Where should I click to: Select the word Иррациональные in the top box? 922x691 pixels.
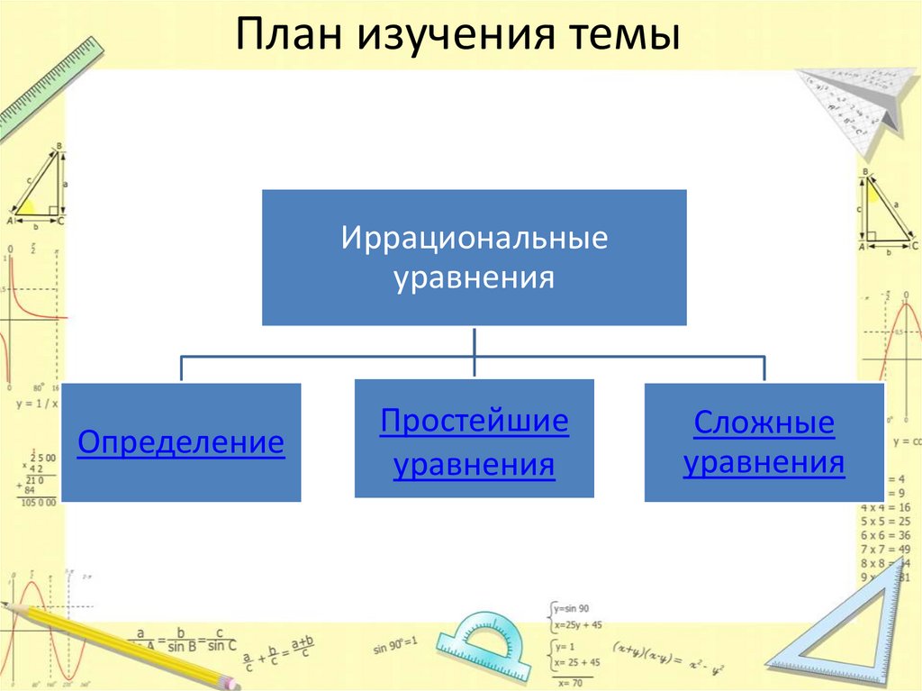click(474, 239)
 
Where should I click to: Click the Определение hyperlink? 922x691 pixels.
click(181, 442)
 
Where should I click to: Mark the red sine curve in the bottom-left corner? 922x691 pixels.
click(32, 631)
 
